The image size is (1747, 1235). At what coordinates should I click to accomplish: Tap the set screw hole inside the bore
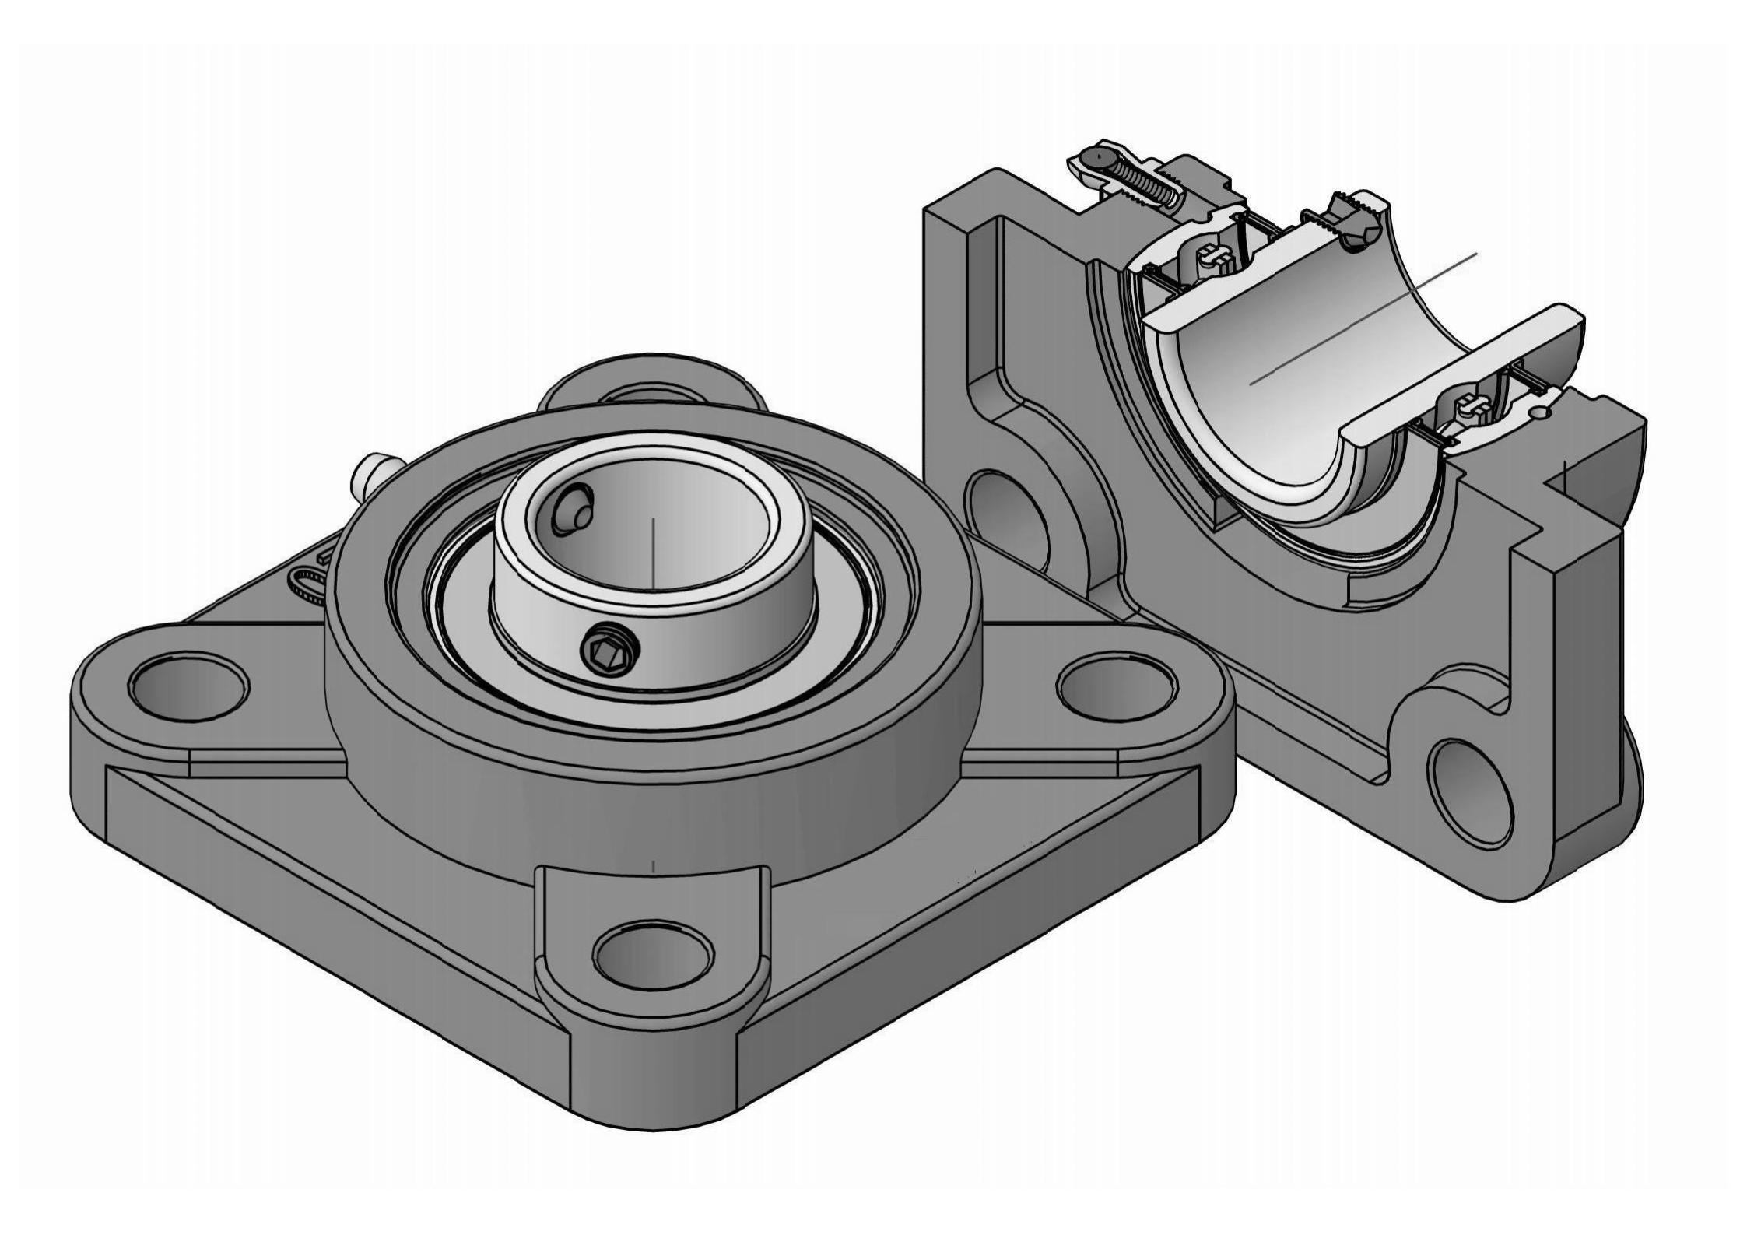(x=574, y=510)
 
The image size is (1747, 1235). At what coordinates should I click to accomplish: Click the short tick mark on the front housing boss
(x=653, y=865)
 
